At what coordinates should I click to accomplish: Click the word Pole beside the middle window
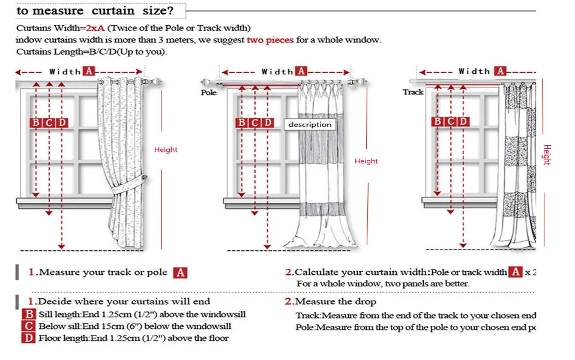coord(208,93)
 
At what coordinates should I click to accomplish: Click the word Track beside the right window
coord(413,92)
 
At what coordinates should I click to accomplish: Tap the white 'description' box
coord(310,124)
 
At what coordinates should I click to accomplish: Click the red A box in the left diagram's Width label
coord(89,71)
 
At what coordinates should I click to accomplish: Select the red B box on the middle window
coord(242,123)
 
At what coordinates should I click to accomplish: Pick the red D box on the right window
coord(463,122)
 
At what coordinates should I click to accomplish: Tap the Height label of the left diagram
coord(166,149)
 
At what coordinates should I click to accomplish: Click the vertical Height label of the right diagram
coord(546,155)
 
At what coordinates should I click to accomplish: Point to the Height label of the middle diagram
coord(366,161)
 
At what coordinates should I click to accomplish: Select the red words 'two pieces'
coord(270,40)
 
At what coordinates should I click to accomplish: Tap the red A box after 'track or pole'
coord(180,273)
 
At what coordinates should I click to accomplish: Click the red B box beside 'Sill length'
coord(29,314)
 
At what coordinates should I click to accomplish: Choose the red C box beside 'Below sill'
coord(29,326)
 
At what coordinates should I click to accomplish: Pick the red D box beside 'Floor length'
coord(29,338)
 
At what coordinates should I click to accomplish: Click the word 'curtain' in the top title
coord(118,11)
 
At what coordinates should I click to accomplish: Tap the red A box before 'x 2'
coord(516,272)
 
